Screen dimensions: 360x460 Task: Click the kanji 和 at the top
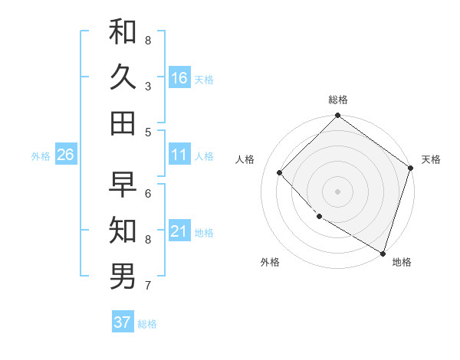(123, 31)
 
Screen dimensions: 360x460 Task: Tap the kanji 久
(123, 77)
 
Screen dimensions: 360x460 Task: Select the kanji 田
(123, 123)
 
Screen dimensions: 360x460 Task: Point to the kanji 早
(123, 185)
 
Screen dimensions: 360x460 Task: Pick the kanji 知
(123, 231)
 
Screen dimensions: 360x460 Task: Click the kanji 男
(123, 277)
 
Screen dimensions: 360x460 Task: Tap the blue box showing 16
(179, 78)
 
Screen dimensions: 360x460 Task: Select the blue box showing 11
(179, 155)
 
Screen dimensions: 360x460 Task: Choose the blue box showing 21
(179, 232)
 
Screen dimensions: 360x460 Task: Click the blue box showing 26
(66, 155)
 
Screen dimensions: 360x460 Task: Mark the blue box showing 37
(123, 322)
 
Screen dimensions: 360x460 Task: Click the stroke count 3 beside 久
(147, 86)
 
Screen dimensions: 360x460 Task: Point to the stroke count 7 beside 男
(147, 286)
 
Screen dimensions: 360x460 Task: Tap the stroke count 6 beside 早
(147, 193)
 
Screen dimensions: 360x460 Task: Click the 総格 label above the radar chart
(338, 100)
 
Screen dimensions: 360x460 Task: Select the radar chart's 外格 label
(270, 262)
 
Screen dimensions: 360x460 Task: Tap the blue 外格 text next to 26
(41, 156)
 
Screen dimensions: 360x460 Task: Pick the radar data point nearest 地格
(383, 252)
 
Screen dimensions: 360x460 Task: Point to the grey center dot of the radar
(337, 191)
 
